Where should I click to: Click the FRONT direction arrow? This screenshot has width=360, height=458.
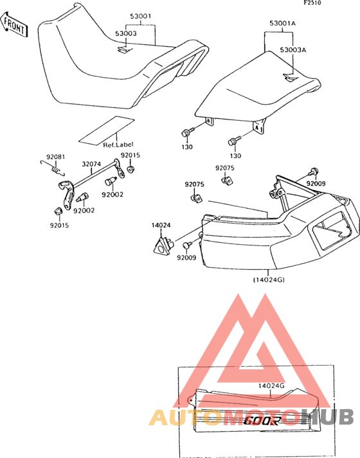[x=14, y=25]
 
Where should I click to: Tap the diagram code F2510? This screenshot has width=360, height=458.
[x=312, y=3]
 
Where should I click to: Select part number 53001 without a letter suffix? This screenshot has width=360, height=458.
[x=141, y=16]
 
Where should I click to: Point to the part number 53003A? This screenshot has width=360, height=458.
[x=293, y=50]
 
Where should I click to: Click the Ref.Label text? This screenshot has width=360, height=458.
[x=118, y=145]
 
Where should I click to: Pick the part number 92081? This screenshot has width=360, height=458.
[x=56, y=157]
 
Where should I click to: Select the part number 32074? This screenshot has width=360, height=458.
[x=91, y=164]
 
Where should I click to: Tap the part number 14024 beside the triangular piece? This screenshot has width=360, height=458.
[x=161, y=225]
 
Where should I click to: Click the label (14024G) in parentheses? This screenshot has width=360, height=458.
[x=269, y=280]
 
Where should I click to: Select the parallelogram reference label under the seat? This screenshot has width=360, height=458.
[x=107, y=130]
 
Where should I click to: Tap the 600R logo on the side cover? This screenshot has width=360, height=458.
[x=262, y=421]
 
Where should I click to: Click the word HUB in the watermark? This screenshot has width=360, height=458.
[x=327, y=416]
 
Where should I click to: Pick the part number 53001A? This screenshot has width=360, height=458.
[x=283, y=23]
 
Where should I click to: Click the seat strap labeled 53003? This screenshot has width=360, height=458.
[x=125, y=50]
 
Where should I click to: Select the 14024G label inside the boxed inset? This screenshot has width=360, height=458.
[x=271, y=386]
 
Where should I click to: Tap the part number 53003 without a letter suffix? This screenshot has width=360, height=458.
[x=125, y=33]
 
